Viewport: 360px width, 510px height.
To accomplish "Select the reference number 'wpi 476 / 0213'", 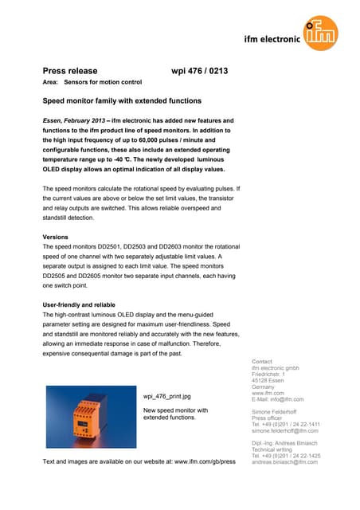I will [x=200, y=71].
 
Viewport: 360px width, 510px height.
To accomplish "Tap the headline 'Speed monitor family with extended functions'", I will [x=121, y=101].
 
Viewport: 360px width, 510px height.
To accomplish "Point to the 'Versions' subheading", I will [x=57, y=237].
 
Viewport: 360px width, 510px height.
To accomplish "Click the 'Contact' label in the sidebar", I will [x=261, y=361].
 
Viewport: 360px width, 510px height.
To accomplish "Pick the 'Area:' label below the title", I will [x=49, y=83].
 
